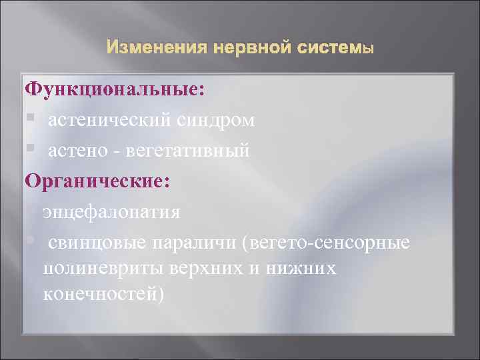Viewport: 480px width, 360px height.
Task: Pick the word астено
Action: (77, 151)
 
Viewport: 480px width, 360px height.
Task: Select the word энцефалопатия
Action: (112, 212)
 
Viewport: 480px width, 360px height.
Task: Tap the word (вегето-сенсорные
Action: (326, 241)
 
